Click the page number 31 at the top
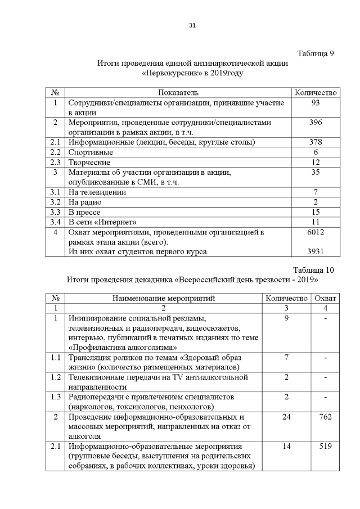[192, 25]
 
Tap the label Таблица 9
[316, 54]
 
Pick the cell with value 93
[316, 103]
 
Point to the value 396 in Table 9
[316, 123]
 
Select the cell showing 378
[316, 142]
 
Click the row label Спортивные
[91, 152]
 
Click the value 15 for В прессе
[316, 212]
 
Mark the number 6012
[316, 232]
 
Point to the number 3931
[316, 251]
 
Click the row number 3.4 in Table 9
[55, 222]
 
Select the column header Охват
[326, 298]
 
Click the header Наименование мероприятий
[164, 298]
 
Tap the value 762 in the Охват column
[326, 417]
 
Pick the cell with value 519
[326, 447]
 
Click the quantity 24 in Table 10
[287, 417]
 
